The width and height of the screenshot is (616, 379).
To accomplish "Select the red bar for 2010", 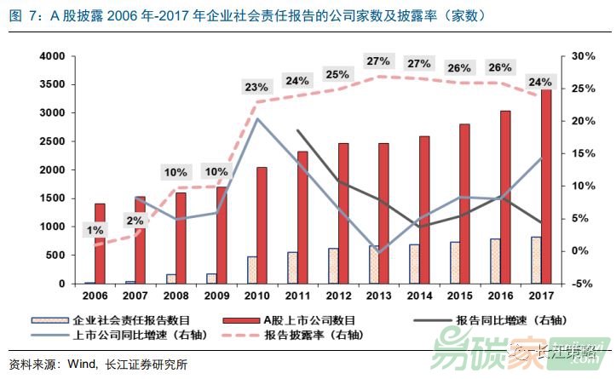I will pos(262,225).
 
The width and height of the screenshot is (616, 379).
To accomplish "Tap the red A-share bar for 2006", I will pos(100,244).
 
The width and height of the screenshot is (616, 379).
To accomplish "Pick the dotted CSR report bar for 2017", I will pos(535,260).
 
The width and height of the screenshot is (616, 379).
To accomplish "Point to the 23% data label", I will pos(256,87).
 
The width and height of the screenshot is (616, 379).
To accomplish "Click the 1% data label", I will pos(95,230).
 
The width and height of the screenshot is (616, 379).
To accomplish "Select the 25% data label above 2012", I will pos(337,74).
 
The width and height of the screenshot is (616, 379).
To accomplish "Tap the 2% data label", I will pos(135,221).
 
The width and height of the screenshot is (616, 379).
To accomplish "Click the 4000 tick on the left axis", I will pos(55,56).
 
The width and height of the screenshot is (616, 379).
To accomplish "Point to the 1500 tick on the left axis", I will pos(55,198).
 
